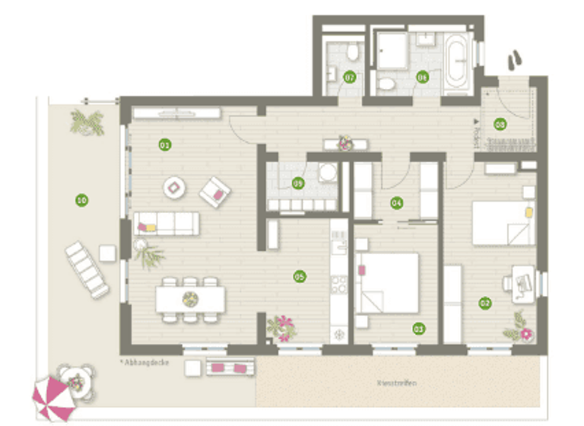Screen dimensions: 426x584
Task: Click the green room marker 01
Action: pyautogui.click(x=163, y=144)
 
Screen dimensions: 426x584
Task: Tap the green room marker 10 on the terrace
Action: pyautogui.click(x=81, y=201)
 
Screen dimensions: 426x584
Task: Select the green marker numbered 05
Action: pyautogui.click(x=299, y=276)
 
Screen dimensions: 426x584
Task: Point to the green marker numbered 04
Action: pyautogui.click(x=396, y=202)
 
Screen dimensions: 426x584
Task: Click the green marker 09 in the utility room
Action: pyautogui.click(x=298, y=183)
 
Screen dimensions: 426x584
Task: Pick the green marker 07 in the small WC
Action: pyautogui.click(x=350, y=77)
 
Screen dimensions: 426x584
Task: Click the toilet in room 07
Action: pyautogui.click(x=351, y=52)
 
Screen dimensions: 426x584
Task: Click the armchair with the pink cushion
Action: pyautogui.click(x=215, y=192)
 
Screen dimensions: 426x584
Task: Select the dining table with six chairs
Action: pyautogui.click(x=191, y=299)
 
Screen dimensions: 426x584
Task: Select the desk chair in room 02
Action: pyautogui.click(x=509, y=282)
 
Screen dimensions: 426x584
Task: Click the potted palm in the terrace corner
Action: pyautogui.click(x=87, y=122)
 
